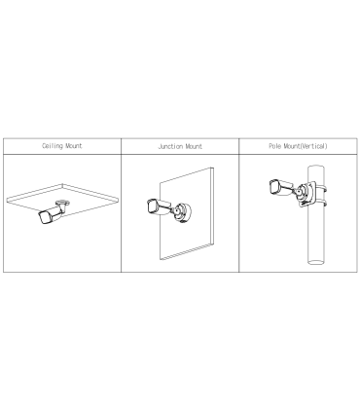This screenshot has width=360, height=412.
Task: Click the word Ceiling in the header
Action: [52, 146]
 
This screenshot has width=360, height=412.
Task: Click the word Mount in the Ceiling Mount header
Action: [74, 146]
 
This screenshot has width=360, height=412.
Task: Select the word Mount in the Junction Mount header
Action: [194, 146]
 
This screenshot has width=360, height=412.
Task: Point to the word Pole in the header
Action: [275, 146]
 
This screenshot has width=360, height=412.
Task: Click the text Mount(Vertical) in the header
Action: [306, 146]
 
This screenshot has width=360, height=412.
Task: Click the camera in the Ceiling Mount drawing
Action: [52, 213]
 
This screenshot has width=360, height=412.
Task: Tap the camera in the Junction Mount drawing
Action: [159, 206]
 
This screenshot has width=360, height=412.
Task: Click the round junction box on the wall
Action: [182, 212]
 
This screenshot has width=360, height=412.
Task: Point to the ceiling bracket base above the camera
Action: [62, 203]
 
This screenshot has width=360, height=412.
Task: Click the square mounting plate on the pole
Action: [306, 194]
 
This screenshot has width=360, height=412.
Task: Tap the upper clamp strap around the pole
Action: [320, 188]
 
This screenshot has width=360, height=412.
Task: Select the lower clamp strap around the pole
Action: [320, 203]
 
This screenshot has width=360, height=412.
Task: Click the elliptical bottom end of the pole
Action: [316, 262]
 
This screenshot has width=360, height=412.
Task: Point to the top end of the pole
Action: [316, 167]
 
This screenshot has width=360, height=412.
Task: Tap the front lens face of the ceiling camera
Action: [44, 218]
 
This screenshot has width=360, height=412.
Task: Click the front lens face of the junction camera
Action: [151, 206]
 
